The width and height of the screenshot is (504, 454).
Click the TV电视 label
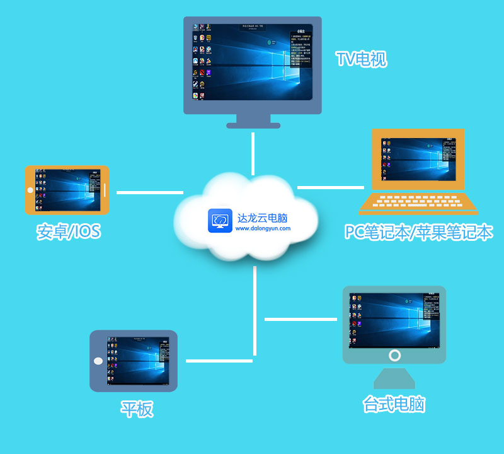click(361, 60)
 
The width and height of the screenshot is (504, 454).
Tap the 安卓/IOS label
click(68, 231)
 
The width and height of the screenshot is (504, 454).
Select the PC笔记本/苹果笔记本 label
click(418, 232)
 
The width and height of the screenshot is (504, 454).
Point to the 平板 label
click(137, 409)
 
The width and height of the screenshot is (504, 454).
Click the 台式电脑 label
click(394, 404)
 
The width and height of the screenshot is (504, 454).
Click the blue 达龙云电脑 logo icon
click(220, 221)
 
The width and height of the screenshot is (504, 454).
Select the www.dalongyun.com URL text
click(263, 229)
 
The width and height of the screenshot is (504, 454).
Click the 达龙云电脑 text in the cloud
click(263, 218)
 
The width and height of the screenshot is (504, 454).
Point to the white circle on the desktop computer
click(394, 355)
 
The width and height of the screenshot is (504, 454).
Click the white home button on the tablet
click(98, 361)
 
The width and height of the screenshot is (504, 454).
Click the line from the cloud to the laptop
click(331, 187)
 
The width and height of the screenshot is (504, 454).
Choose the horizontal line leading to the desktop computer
click(303, 319)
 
